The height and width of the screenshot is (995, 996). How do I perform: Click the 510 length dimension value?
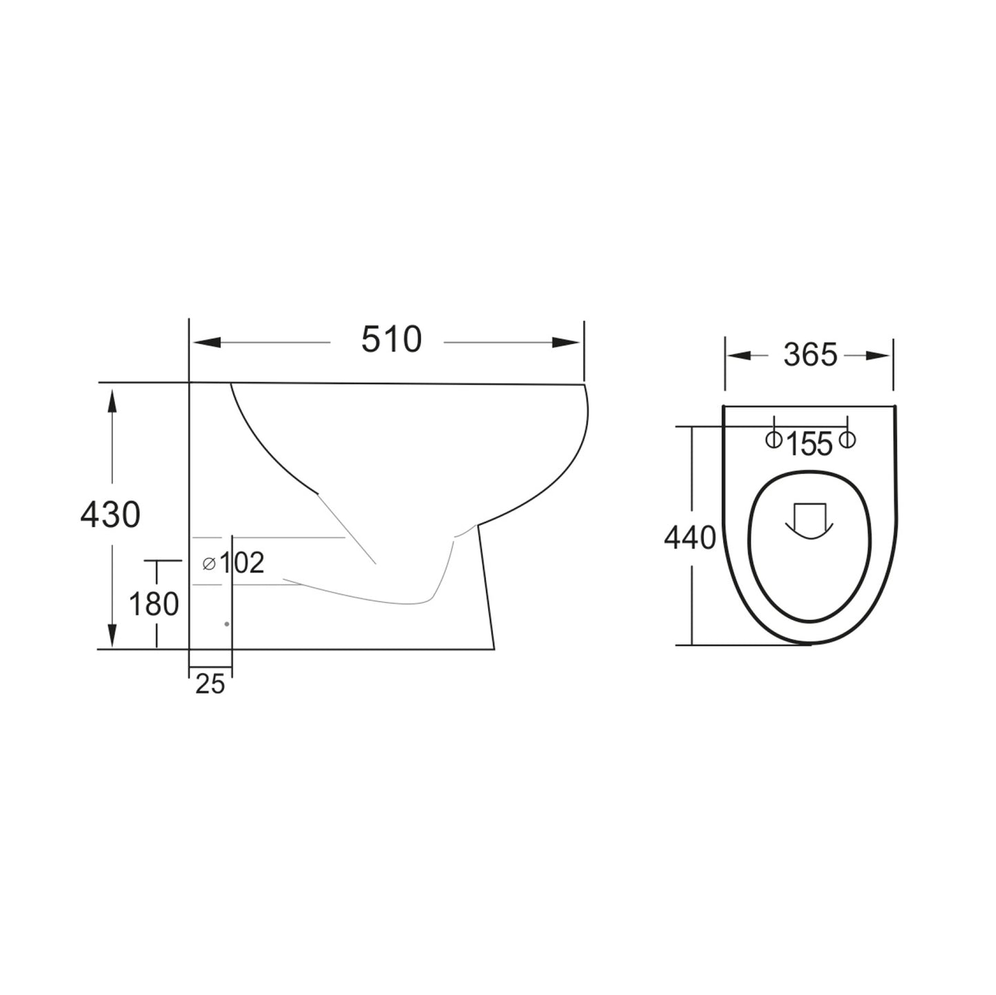[392, 340]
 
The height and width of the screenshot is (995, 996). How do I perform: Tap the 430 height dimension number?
[110, 515]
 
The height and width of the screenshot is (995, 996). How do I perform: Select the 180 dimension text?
[154, 604]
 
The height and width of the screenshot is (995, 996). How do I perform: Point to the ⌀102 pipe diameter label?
[234, 564]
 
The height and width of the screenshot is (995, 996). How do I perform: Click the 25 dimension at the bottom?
[210, 684]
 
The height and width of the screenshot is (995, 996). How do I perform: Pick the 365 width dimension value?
[810, 356]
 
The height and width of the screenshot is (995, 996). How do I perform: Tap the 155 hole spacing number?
[810, 445]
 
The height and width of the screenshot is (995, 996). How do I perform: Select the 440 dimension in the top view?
[691, 537]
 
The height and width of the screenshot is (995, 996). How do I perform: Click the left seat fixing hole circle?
[774, 439]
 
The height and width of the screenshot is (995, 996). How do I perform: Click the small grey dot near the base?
[227, 624]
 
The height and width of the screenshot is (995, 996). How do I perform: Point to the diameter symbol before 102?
[209, 564]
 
